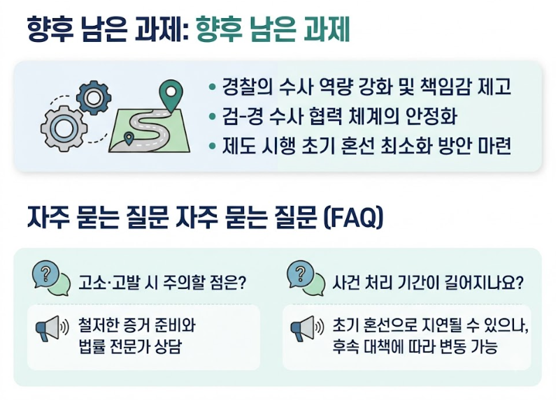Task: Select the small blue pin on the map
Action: (x=129, y=138)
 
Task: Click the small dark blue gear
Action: (x=94, y=98)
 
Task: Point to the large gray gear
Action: (x=64, y=129)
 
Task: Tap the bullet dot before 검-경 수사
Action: (x=213, y=117)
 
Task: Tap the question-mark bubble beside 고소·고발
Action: (x=52, y=279)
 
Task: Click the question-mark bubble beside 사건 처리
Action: (x=306, y=279)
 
